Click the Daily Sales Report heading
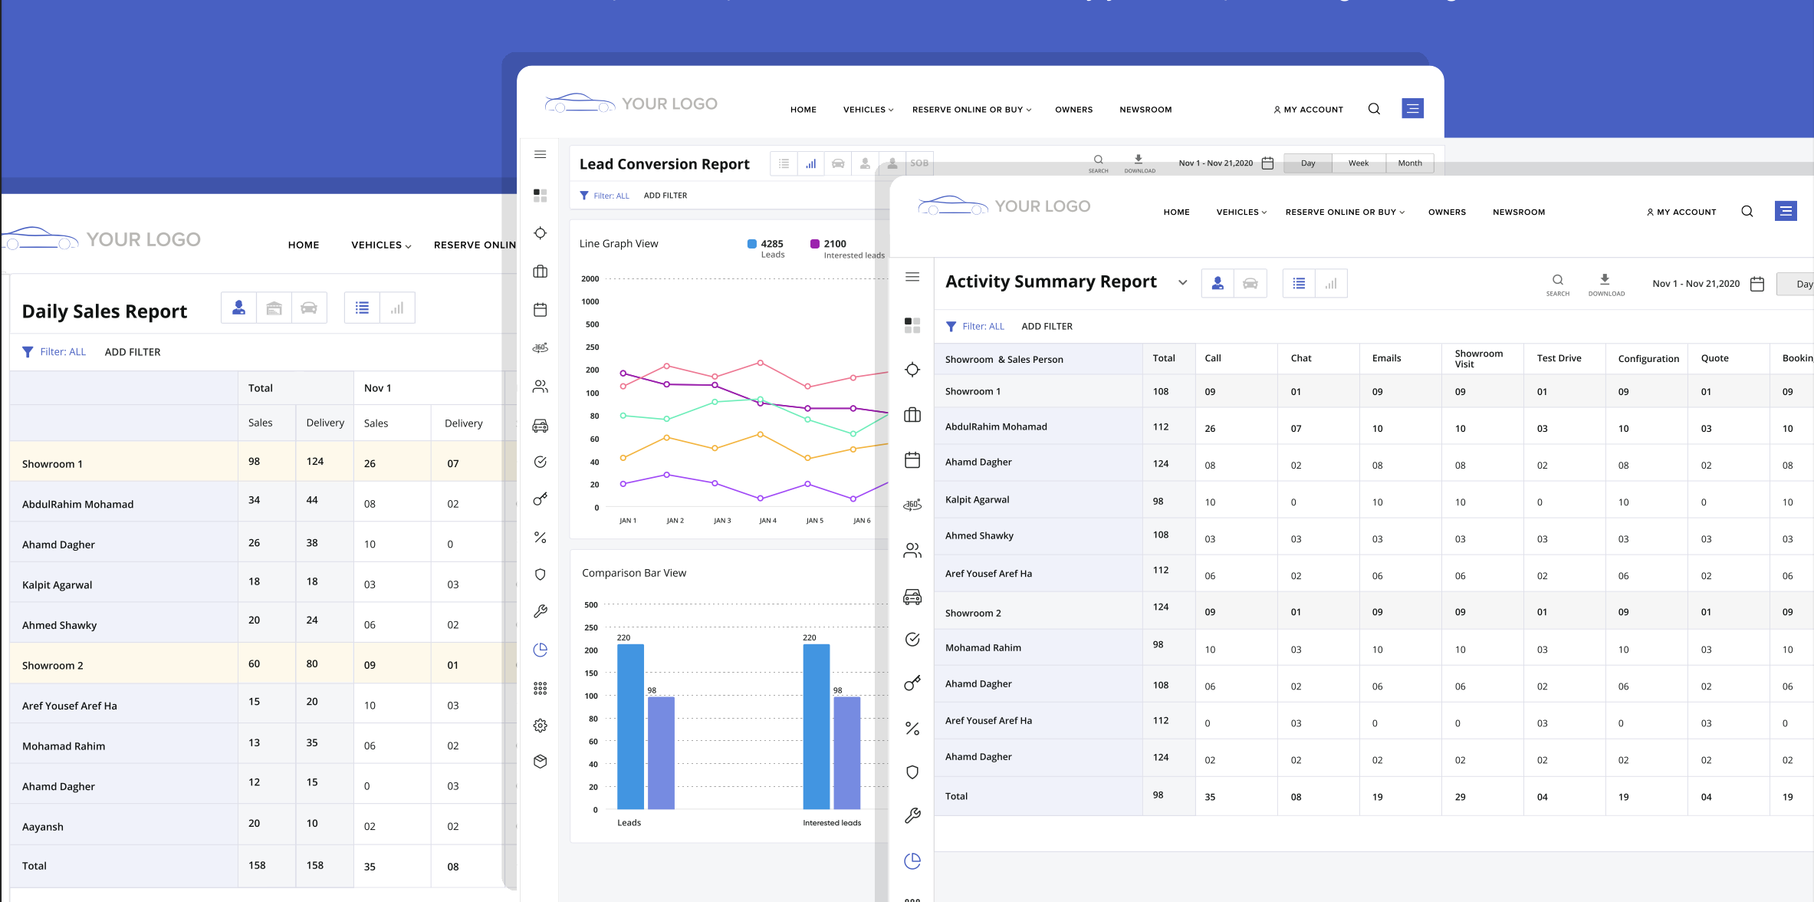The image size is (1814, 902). tap(104, 311)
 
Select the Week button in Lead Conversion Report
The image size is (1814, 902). tap(1358, 163)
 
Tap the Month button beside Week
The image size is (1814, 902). tap(1409, 163)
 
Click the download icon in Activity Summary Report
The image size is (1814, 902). tap(1605, 280)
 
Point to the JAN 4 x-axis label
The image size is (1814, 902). tap(767, 521)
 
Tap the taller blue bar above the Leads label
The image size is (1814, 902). tap(630, 726)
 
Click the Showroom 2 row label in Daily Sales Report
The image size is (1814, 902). tap(53, 666)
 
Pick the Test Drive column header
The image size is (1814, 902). tap(1559, 358)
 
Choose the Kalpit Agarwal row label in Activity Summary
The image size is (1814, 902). tap(977, 500)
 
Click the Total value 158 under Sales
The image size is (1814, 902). tap(257, 865)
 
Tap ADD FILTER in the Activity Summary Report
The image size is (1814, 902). tap(1047, 327)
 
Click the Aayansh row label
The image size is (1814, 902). tap(43, 827)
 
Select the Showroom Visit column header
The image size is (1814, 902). tap(1478, 358)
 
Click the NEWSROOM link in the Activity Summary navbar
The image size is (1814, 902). tap(1518, 212)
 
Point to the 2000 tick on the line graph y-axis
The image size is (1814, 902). tap(590, 279)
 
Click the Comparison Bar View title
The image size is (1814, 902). tap(633, 573)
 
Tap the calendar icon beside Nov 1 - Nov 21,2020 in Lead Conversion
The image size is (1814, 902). tap(1267, 163)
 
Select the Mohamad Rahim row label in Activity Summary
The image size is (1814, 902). tap(983, 648)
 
